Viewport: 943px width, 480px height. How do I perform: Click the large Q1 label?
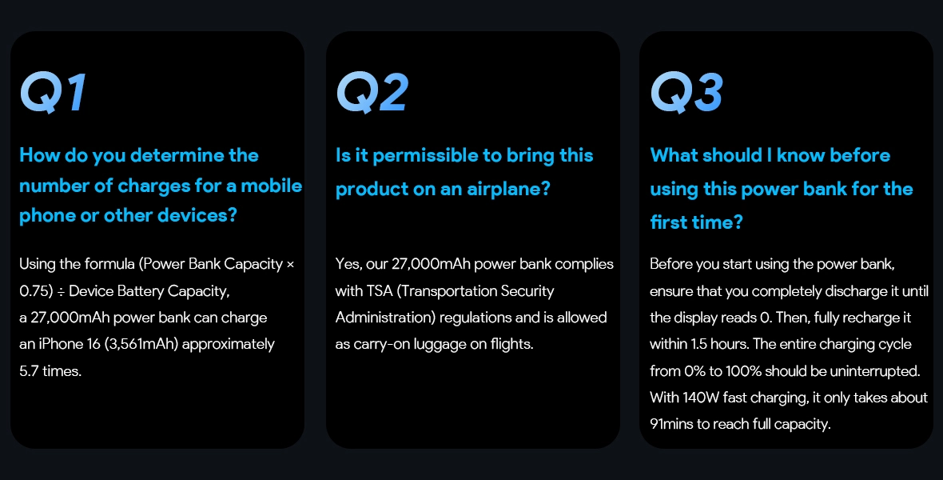(53, 93)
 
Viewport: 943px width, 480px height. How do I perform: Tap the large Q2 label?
(372, 93)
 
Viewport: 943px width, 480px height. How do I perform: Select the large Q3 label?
(686, 93)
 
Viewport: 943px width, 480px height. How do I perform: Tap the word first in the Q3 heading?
(666, 222)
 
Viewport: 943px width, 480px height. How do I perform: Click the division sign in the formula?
(61, 291)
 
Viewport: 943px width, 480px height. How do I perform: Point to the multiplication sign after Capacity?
(290, 264)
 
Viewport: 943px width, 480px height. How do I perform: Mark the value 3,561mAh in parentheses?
(141, 345)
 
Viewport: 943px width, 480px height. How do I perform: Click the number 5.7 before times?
(29, 371)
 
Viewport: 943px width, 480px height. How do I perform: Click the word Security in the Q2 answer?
(527, 291)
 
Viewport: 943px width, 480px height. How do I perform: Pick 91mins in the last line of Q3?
(672, 424)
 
